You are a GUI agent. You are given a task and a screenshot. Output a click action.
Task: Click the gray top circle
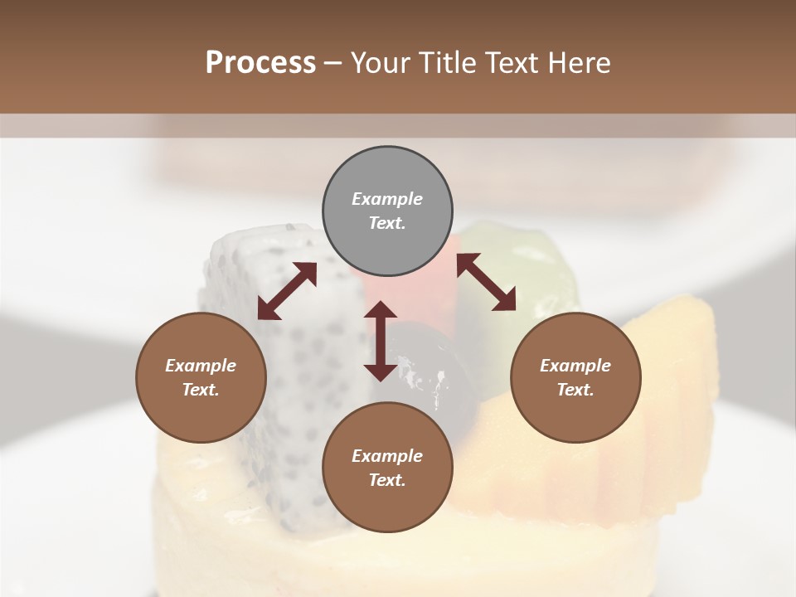(x=387, y=211)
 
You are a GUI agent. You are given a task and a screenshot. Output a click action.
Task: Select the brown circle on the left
(x=201, y=377)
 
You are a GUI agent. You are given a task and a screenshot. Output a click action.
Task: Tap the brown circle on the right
(x=575, y=377)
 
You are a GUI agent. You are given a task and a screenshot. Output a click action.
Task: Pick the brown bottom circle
(x=387, y=468)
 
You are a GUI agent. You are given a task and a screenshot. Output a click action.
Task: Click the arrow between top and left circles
(x=287, y=291)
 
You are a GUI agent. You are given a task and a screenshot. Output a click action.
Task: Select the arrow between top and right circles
(x=487, y=282)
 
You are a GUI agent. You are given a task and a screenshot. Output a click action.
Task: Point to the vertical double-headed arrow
(x=381, y=341)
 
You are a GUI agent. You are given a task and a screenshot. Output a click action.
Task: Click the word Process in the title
(x=260, y=63)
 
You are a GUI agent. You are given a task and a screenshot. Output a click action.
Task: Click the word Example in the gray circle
(x=387, y=199)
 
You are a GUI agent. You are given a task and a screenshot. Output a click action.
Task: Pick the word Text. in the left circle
(x=201, y=390)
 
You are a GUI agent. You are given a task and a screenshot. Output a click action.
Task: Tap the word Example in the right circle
(x=575, y=366)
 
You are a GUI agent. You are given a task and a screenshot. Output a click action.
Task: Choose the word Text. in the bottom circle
(x=387, y=480)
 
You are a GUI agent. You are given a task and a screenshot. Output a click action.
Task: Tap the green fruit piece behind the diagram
(x=531, y=257)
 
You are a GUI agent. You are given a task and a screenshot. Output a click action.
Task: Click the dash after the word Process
(x=333, y=63)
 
